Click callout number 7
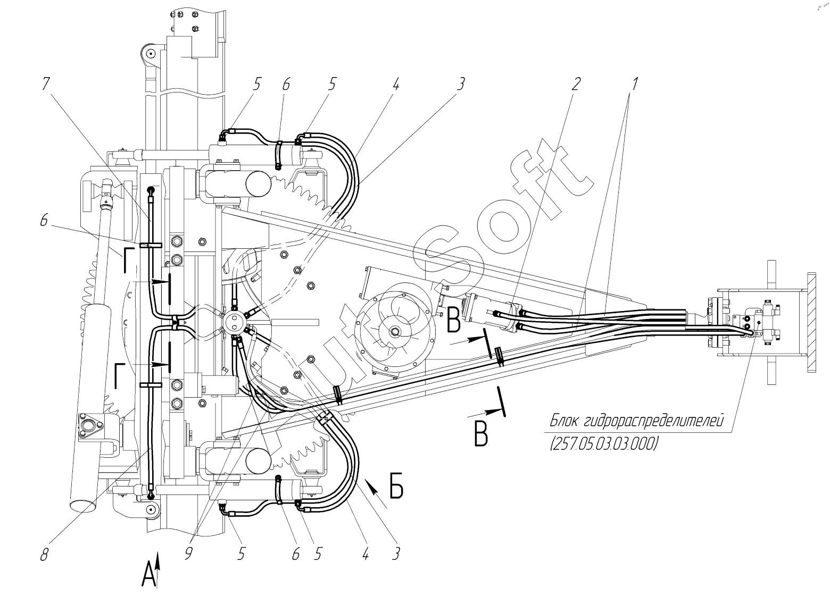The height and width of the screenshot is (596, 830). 46,84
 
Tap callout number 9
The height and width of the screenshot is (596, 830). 188,554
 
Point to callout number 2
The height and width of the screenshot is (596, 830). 575,84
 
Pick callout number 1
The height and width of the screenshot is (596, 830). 634,84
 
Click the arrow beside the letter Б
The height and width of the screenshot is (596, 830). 376,493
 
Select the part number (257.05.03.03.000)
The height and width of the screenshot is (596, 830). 604,443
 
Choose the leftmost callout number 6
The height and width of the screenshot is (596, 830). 44,221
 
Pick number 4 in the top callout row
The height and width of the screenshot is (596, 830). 396,84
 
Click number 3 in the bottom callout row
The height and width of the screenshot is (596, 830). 396,554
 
